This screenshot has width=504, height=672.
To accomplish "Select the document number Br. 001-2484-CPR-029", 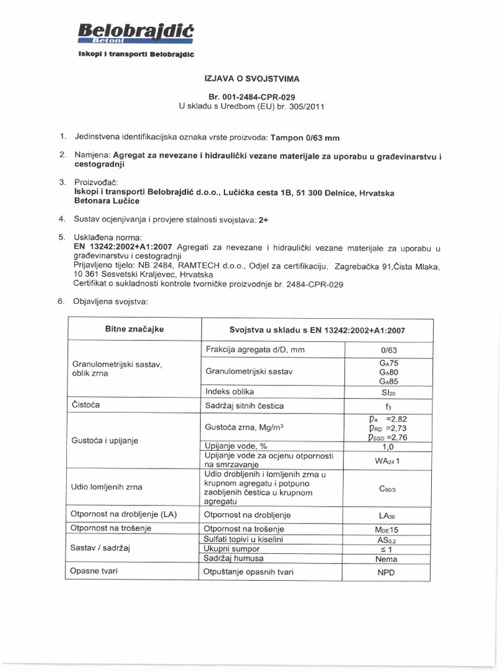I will [x=251, y=96].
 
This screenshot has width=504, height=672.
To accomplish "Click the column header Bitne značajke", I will [x=135, y=329].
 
